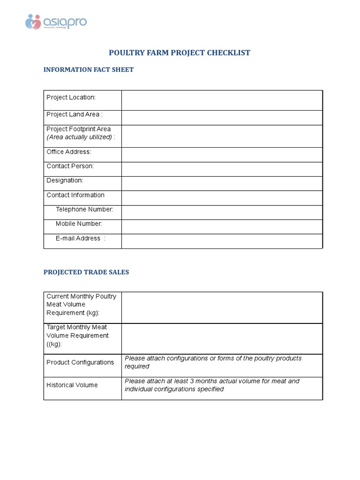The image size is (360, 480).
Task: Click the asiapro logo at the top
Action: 56,22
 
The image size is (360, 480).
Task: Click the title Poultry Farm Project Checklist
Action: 180,52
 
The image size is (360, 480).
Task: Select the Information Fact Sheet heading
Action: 89,69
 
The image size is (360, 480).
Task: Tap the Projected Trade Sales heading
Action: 86,272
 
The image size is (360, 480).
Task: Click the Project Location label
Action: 71,97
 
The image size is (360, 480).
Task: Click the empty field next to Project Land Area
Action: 222,118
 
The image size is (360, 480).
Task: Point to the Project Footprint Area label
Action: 78,129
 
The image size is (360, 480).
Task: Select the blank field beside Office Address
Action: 222,155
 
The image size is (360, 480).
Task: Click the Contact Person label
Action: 70,166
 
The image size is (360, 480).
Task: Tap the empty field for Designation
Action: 222,184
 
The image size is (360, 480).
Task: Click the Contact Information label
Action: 75,195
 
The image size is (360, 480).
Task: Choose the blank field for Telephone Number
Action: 222,212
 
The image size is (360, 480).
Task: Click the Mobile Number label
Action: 79,224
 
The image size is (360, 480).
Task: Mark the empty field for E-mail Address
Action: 222,241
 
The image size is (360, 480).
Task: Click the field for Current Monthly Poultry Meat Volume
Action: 222,307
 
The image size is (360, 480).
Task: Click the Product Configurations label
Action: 80,362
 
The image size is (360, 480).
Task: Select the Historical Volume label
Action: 72,385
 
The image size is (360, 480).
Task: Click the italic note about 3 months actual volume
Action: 212,385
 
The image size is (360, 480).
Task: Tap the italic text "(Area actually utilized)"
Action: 79,137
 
